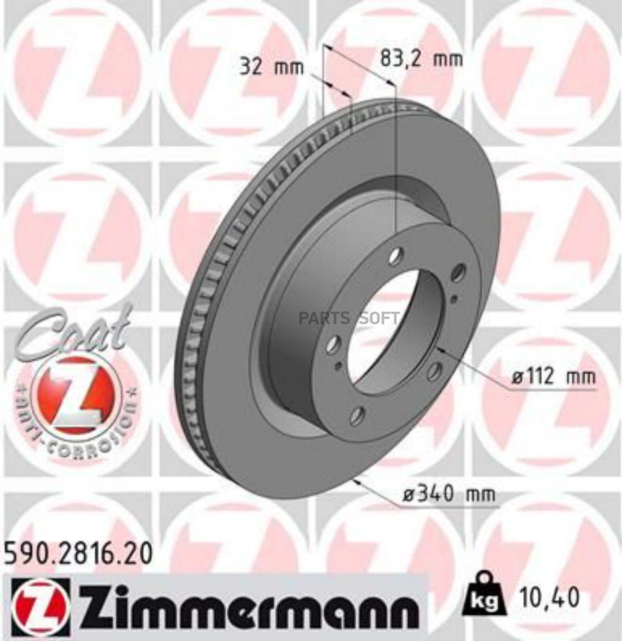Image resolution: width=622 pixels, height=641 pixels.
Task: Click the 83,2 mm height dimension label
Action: point(421,59)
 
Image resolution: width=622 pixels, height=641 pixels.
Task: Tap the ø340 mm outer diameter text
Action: point(450,494)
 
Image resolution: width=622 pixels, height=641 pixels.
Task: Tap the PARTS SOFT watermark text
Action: point(349,318)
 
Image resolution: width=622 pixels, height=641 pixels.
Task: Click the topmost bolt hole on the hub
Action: point(395,257)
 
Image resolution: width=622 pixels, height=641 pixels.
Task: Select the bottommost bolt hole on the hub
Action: point(357,416)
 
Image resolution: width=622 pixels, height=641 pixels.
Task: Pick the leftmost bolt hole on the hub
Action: point(333,343)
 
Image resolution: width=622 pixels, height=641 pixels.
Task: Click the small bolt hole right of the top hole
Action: point(458,274)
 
